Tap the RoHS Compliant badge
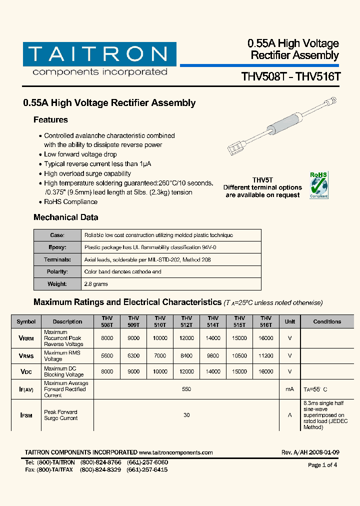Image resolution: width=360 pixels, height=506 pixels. click(318, 185)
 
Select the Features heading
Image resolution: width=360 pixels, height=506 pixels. click(50, 120)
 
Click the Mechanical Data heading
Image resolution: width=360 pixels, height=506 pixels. click(65, 217)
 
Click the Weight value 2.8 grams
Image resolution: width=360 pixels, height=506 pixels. click(96, 284)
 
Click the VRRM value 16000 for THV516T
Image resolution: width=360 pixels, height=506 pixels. click(266, 338)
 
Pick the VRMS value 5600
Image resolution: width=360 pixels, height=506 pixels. click(107, 356)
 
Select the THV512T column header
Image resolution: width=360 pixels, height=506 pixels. click(186, 321)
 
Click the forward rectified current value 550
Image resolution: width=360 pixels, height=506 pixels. click(186, 389)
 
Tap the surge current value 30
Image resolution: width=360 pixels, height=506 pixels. click(186, 415)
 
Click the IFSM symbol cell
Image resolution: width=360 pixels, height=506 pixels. click(26, 415)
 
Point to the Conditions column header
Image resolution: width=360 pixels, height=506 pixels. click(327, 321)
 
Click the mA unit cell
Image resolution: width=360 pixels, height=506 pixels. click(290, 389)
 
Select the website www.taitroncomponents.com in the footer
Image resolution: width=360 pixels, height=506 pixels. click(176, 452)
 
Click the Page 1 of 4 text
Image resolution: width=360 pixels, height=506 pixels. click(322, 465)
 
